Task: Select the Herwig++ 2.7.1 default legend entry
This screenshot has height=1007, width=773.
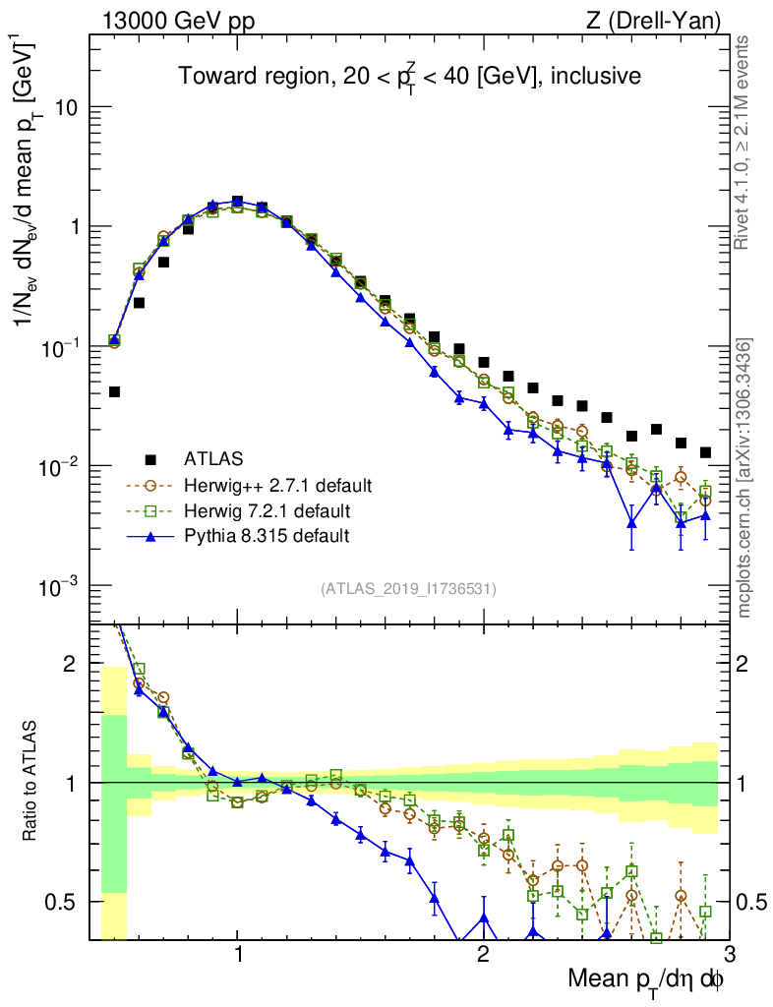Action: (277, 486)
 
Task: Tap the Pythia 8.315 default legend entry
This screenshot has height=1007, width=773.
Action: (267, 536)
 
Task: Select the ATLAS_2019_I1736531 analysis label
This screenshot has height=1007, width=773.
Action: (408, 589)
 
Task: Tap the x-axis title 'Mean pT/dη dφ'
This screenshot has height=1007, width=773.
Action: (647, 979)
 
